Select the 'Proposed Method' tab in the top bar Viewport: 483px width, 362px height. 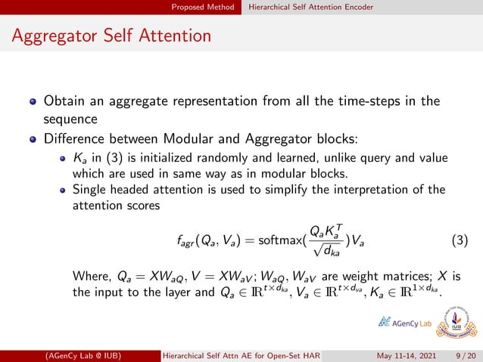pyautogui.click(x=202, y=7)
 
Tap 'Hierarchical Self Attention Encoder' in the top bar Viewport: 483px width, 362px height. pyautogui.click(x=311, y=7)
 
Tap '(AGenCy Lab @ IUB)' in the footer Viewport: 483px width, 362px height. pyautogui.click(x=84, y=355)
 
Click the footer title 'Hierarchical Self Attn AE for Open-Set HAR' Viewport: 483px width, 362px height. pyautogui.click(x=244, y=355)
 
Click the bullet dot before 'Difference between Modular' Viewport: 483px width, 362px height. pyautogui.click(x=33, y=139)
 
